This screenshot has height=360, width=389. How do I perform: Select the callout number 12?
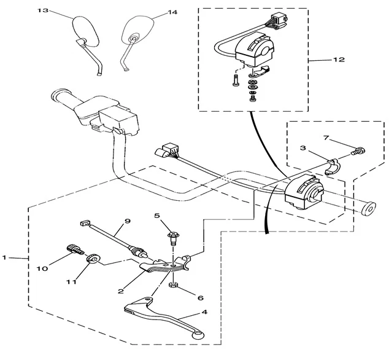click(x=339, y=60)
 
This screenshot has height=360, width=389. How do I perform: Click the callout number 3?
click(x=303, y=149)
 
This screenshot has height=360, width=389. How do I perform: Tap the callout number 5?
click(x=157, y=216)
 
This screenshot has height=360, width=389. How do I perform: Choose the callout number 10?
click(x=42, y=269)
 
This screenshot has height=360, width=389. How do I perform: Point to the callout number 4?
click(x=204, y=312)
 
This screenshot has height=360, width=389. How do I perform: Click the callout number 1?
click(x=6, y=259)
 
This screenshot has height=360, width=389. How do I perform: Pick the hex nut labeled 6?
click(x=174, y=286)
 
